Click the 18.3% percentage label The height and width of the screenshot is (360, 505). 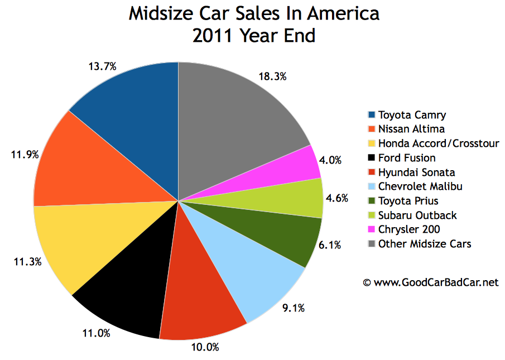point(273,77)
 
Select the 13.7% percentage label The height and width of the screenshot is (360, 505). point(103,66)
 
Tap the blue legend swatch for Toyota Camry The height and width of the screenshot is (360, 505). point(372,115)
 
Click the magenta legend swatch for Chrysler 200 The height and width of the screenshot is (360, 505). point(372,229)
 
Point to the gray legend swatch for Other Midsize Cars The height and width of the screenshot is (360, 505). point(372,244)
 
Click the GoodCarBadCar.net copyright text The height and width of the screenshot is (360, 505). point(430,282)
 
